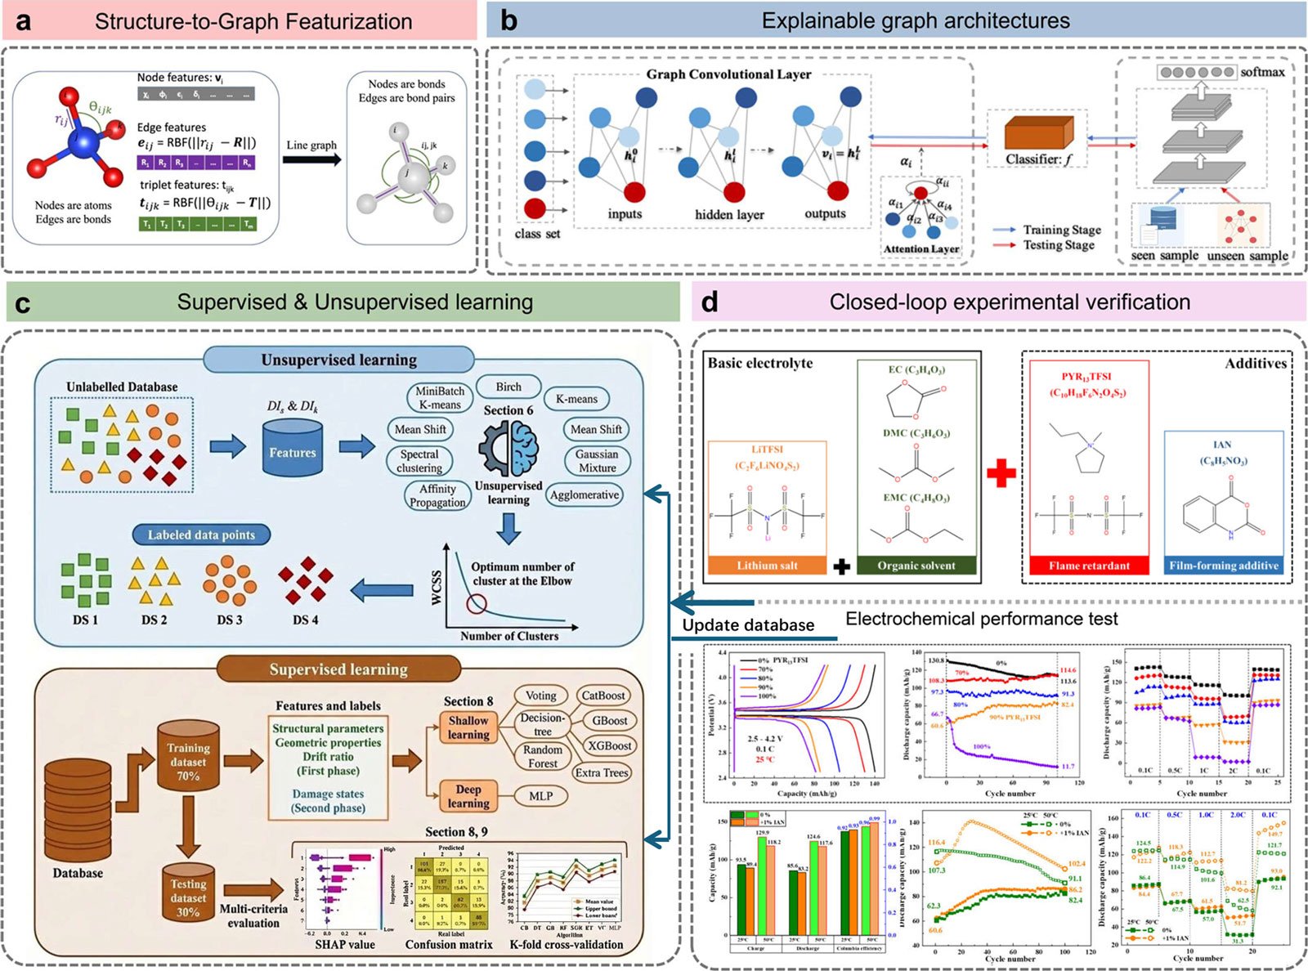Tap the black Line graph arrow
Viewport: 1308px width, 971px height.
point(311,159)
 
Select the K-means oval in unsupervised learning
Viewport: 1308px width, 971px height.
point(576,399)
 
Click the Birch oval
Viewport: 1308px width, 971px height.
point(508,387)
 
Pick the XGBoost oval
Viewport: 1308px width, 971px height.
point(609,745)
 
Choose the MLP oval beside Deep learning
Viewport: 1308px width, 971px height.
point(540,795)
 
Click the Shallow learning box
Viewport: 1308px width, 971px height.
point(468,727)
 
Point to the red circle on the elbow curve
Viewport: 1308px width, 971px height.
point(476,605)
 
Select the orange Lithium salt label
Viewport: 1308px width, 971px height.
point(767,566)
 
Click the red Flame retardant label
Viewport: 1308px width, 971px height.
point(1089,566)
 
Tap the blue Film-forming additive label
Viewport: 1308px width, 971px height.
point(1223,566)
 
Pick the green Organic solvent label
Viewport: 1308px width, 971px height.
point(916,566)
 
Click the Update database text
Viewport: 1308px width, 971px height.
point(748,625)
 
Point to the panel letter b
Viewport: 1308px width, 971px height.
point(508,20)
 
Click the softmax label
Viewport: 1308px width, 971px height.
point(1262,72)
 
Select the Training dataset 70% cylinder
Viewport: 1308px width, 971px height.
point(188,760)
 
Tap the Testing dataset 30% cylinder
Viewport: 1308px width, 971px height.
point(188,895)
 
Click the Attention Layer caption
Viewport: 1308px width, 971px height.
point(921,249)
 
